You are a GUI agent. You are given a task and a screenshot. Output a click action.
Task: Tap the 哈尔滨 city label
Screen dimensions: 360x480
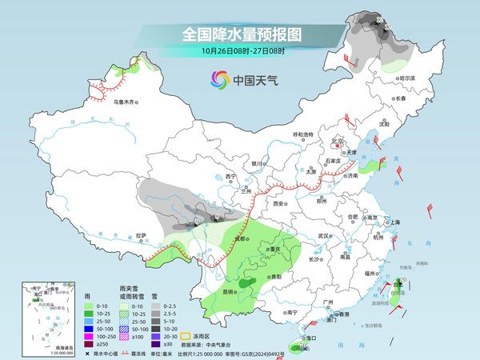409,78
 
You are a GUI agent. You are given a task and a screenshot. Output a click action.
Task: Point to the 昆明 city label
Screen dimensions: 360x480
230,290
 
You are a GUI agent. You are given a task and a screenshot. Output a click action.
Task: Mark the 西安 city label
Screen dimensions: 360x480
279,204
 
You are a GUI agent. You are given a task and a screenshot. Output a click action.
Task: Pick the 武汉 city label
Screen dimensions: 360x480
324,236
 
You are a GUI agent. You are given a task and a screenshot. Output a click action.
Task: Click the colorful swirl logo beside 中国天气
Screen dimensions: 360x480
218,79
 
